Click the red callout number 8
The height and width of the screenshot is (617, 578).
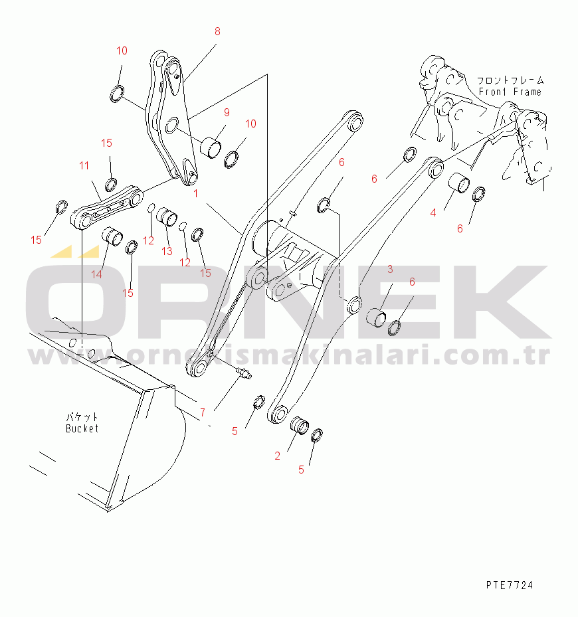[x=217, y=31]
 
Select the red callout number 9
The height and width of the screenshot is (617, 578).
[x=227, y=112]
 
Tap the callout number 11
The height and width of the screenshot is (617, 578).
[x=84, y=165]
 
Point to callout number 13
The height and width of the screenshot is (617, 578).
[x=167, y=251]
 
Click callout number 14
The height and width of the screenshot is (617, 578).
[x=97, y=274]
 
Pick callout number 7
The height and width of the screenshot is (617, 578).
[x=203, y=412]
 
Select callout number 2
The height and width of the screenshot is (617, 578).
[x=278, y=456]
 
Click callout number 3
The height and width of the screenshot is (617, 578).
[x=390, y=269]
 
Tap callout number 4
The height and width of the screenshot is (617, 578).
[x=433, y=213]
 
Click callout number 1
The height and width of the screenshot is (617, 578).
[x=196, y=193]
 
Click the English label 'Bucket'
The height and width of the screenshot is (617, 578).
[x=82, y=428]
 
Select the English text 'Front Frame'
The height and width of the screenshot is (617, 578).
[x=510, y=92]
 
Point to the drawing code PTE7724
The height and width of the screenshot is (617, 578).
[x=510, y=585]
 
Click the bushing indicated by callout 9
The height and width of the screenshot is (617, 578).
[x=211, y=147]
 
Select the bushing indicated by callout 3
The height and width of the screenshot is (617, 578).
[x=377, y=318]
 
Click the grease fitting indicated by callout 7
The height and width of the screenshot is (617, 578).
[x=244, y=373]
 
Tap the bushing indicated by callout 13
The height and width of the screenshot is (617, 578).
[x=167, y=217]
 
